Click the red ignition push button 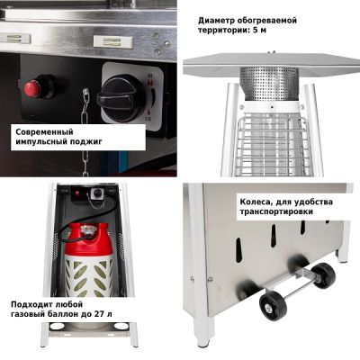[x=32, y=88]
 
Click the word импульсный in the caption [x=38, y=141]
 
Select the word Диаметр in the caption [x=216, y=21]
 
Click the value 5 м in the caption [x=259, y=30]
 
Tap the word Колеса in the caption [x=256, y=202]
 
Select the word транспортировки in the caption [x=276, y=211]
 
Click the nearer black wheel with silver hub [x=273, y=305]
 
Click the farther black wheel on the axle [x=323, y=275]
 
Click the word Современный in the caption [x=44, y=131]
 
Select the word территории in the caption [x=223, y=30]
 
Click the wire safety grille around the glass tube [x=270, y=146]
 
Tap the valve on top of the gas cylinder [x=88, y=230]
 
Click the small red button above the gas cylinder [x=78, y=193]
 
